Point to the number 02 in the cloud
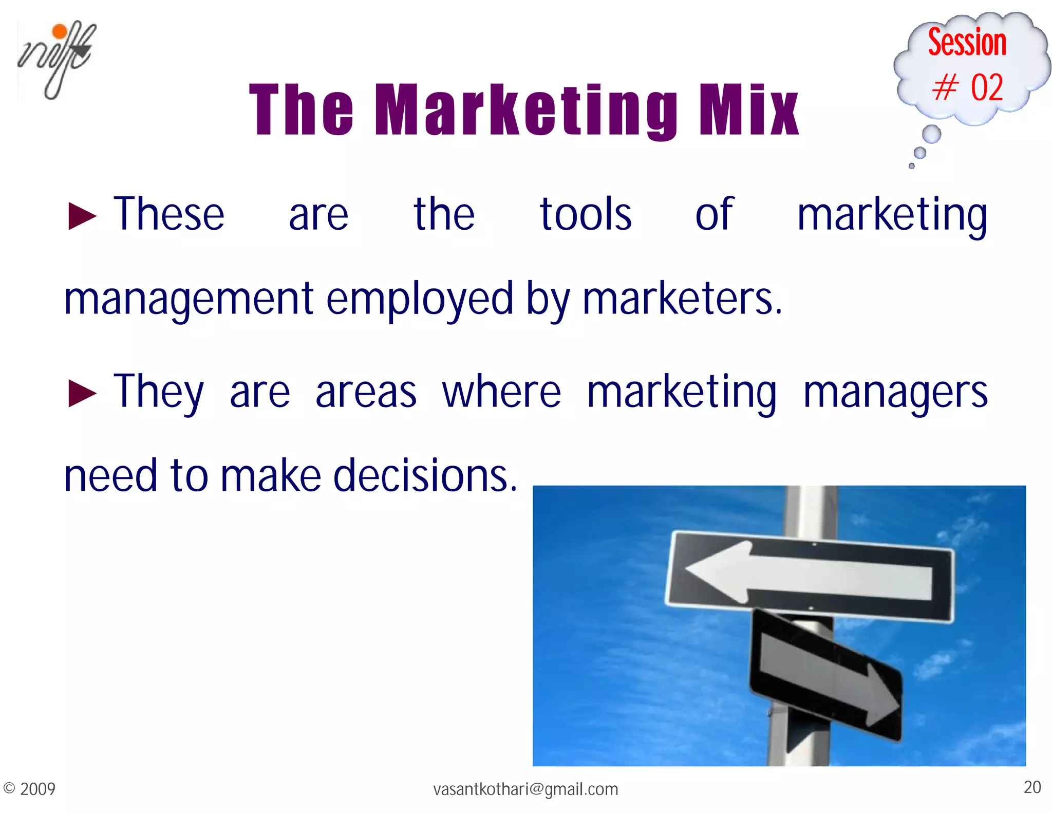coord(986,87)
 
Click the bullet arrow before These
coord(82,216)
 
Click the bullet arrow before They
coord(82,394)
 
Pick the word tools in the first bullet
coord(586,214)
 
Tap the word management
coord(189,300)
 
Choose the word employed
coord(420,300)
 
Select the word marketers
coord(682,300)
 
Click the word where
coord(501,392)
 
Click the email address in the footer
coord(525,789)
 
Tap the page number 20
coord(1032,787)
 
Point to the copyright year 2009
coord(37,789)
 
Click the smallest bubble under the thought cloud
coord(911,166)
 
